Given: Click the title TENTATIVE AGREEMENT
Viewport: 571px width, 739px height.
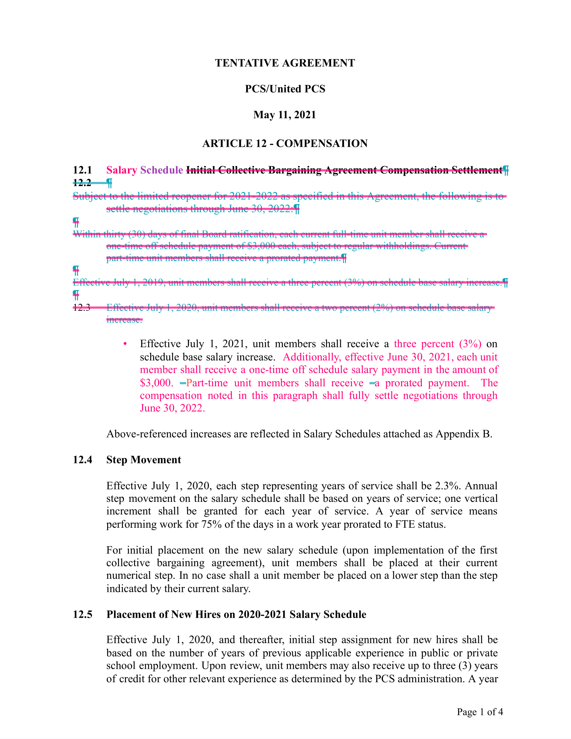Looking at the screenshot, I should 285,63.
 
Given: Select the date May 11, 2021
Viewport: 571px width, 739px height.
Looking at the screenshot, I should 285,115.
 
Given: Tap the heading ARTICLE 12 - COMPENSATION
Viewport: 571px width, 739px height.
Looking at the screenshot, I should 285,143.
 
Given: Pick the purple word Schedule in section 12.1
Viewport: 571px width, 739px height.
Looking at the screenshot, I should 161,170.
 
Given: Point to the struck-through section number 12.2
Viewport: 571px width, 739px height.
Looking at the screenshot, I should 82,183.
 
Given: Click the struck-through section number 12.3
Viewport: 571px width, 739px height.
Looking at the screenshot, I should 82,308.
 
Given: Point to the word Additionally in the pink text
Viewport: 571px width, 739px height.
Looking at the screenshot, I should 311,357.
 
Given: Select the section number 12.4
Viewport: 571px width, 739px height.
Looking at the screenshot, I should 83,460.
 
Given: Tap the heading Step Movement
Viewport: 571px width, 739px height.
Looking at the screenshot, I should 144,460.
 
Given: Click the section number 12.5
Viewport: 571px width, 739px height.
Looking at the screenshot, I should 83,614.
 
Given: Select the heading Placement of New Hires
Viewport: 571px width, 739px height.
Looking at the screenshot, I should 236,614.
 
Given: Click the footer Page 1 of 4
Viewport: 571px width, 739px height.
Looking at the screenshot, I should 480,712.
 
